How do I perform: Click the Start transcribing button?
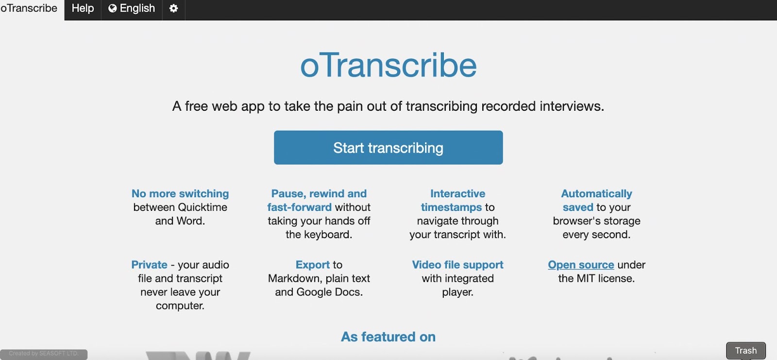388,148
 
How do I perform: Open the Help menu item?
83,9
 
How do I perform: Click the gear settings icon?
173,9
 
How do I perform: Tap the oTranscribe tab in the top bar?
29,9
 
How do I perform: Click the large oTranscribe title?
388,65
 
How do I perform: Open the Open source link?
581,265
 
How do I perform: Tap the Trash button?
745,350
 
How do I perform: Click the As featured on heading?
388,337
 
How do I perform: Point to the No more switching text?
180,193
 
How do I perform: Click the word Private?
149,265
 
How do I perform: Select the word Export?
313,265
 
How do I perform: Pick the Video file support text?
457,265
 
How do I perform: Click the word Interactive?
457,193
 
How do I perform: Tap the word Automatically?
596,193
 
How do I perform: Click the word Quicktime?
203,207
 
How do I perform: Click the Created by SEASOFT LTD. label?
43,354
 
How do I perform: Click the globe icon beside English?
113,9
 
